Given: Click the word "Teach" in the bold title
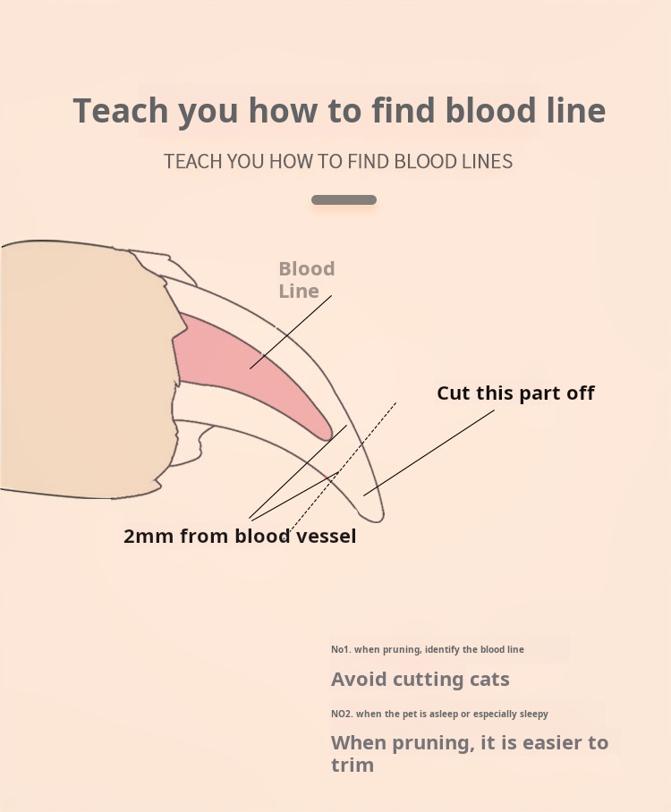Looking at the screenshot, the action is [x=121, y=110].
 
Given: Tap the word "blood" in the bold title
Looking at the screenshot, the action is [x=490, y=110].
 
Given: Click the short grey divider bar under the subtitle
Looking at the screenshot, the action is [x=344, y=200].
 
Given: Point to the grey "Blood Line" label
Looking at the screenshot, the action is [x=307, y=280].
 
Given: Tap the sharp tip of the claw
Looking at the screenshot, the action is [x=380, y=519].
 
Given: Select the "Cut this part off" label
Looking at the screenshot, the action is [x=515, y=393].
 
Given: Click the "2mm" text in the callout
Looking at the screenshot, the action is [x=149, y=536].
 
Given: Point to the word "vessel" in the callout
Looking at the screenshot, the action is [x=326, y=536].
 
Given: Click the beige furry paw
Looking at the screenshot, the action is [x=88, y=368].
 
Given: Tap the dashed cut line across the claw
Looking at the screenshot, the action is [x=343, y=467].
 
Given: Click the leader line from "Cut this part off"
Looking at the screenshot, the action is [x=429, y=453].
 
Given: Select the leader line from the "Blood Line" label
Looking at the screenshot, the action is [x=291, y=332].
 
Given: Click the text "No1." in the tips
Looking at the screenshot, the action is [x=341, y=649].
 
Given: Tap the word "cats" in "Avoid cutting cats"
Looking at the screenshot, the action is [x=489, y=679].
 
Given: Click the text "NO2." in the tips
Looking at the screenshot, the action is [x=342, y=715].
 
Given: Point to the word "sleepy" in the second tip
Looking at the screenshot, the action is [x=534, y=715].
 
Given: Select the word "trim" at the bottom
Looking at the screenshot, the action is [x=352, y=765].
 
